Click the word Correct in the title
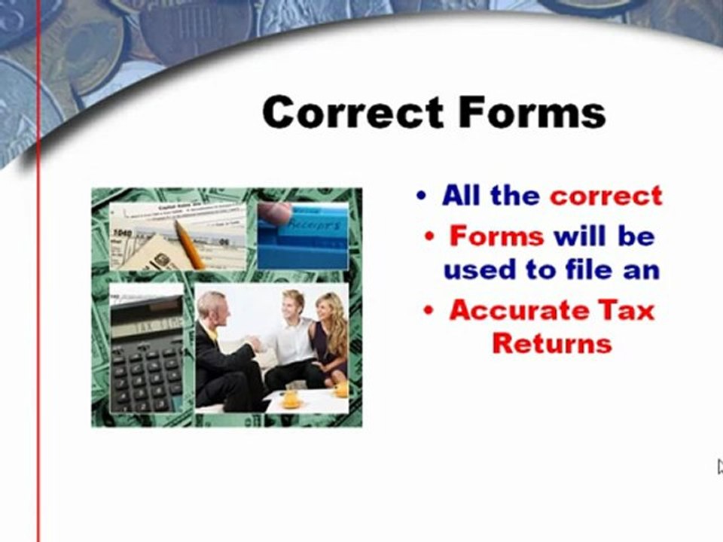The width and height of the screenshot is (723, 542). [353, 112]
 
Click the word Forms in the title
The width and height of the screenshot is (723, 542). [532, 111]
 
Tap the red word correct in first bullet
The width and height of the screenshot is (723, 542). [606, 196]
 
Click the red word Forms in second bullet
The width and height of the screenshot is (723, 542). [496, 236]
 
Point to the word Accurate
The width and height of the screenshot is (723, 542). [519, 309]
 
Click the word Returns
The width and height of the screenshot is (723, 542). [552, 343]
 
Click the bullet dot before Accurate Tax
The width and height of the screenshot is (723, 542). [429, 310]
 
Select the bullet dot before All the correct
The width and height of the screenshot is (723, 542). [421, 196]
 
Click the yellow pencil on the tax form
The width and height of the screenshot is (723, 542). [189, 244]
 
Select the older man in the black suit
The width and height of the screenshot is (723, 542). [226, 352]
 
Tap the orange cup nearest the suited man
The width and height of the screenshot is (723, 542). [291, 398]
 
